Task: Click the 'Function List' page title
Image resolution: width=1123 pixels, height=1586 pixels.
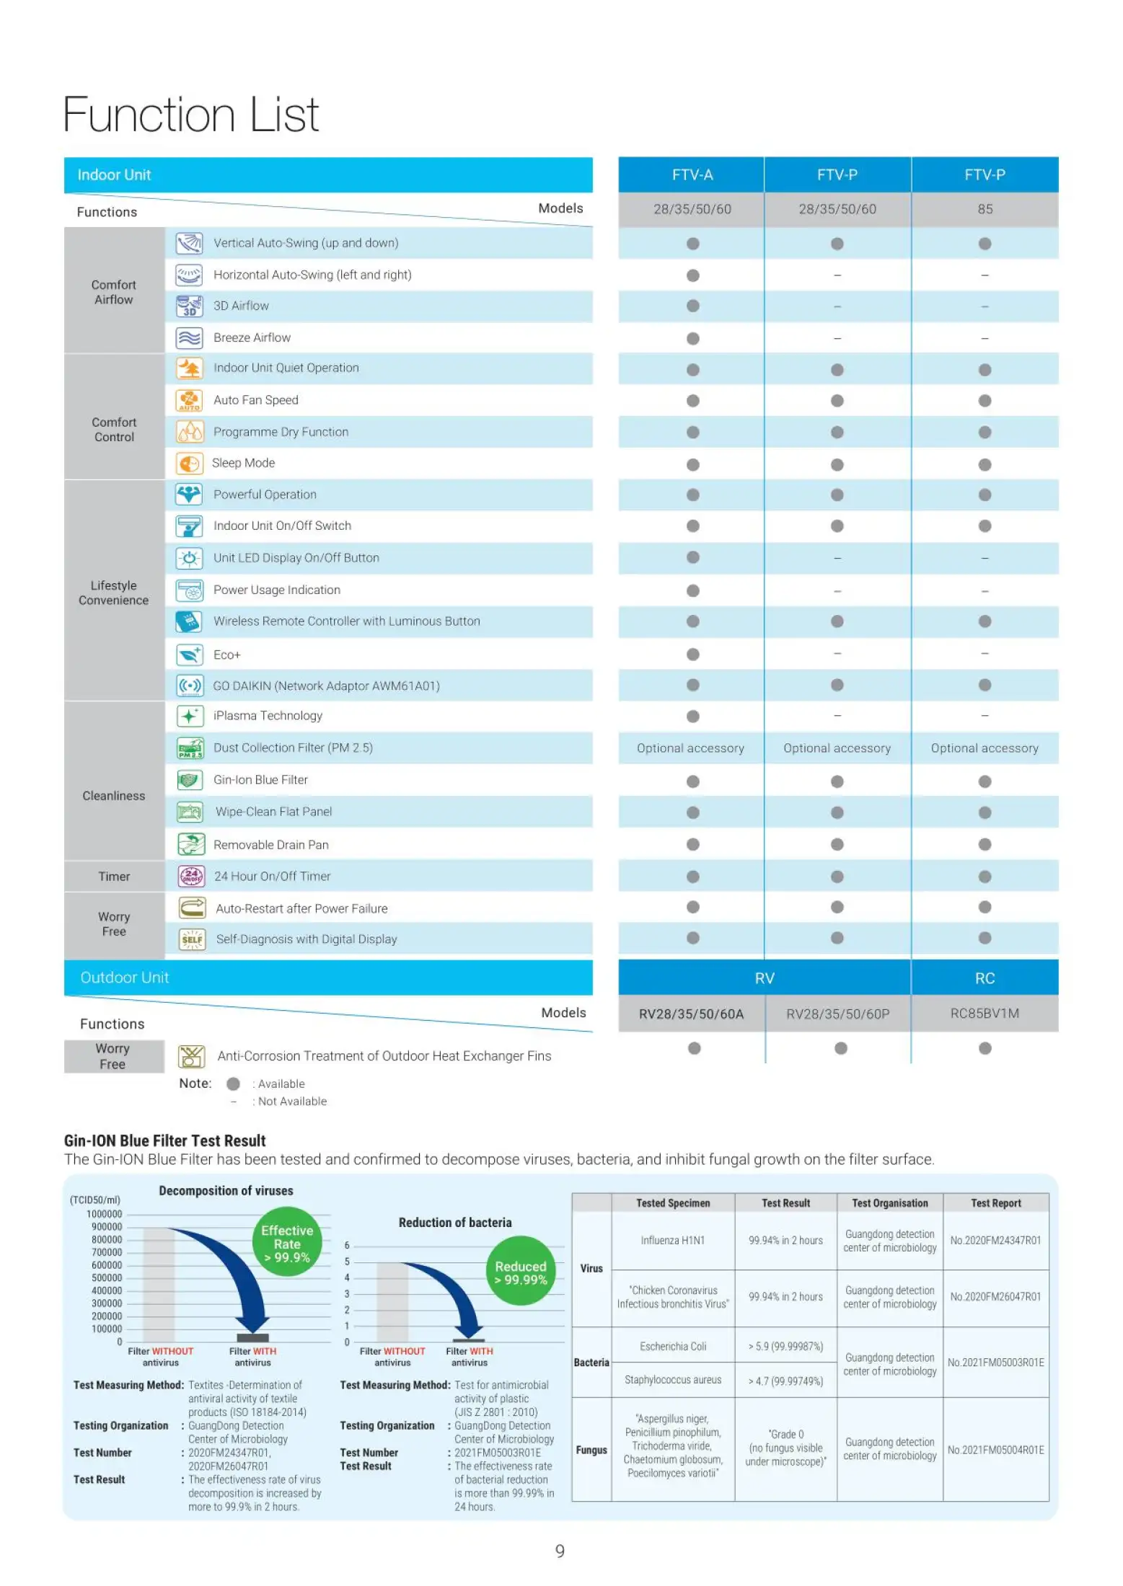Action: coord(191,115)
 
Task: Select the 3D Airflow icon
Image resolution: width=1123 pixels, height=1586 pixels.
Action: coord(189,306)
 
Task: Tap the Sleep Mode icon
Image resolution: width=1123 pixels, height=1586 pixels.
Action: coord(189,464)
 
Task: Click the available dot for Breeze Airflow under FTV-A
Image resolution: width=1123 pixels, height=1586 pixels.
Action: coord(693,338)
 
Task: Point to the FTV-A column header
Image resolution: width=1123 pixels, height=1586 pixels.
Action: coord(692,175)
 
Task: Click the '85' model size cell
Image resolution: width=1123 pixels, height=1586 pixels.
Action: coord(985,209)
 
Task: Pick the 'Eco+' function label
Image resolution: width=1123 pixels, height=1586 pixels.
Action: coord(227,655)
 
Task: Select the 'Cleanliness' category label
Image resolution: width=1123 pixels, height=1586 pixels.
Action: coord(114,796)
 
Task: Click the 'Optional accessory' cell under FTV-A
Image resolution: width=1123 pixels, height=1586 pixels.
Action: coord(690,748)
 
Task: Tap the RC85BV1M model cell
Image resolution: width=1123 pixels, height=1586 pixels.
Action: coord(985,1014)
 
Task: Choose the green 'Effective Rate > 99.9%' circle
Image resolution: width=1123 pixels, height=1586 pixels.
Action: coord(287,1244)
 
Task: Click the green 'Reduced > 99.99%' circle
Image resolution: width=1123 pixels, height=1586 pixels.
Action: coord(521,1273)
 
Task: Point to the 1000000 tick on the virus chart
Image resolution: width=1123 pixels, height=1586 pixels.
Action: coord(105,1214)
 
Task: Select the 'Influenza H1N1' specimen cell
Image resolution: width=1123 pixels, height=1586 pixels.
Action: coord(673,1241)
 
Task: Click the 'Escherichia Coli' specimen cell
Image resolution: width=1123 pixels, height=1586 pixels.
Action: coord(673,1346)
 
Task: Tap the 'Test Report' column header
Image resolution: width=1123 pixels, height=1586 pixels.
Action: coord(996,1203)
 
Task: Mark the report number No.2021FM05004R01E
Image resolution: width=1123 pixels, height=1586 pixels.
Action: coord(996,1450)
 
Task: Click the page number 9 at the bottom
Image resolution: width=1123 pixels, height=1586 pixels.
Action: coord(560,1551)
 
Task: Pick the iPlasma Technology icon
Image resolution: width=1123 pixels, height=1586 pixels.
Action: coord(189,717)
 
